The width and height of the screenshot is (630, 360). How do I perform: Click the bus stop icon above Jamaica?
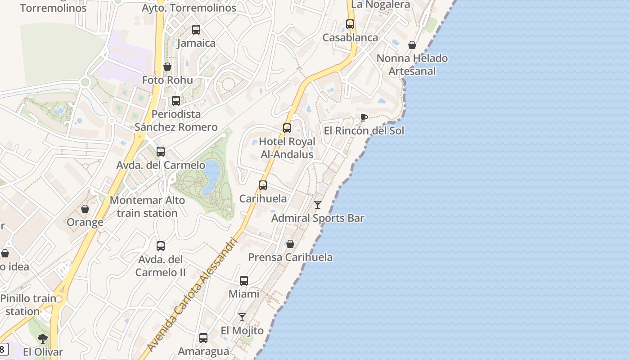pos(196,30)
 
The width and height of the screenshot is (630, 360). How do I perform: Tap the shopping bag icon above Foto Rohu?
pos(167,67)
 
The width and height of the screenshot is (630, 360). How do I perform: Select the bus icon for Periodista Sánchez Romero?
pos(176,101)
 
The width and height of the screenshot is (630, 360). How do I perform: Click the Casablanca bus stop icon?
pos(350,24)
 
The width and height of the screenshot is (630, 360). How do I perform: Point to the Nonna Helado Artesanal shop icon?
pos(412,45)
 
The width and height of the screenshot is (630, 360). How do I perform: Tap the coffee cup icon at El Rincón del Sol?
pos(364,118)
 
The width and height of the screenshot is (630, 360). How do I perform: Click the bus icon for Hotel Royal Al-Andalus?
pos(287,128)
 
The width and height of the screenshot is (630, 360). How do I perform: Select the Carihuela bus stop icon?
pos(263,185)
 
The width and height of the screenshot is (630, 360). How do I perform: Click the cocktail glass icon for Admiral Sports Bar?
pos(318,205)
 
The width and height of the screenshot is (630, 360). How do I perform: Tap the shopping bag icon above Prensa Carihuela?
pos(290,244)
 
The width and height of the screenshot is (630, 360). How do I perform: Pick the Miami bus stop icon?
pos(244,281)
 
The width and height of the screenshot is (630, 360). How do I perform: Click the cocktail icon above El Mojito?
pos(242,317)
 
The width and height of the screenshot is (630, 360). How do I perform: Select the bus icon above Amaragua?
pos(203,337)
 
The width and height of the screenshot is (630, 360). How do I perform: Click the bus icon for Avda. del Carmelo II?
pos(161,246)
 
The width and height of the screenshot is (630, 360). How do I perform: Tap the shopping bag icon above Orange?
pos(85,209)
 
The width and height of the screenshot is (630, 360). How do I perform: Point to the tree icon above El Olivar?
pos(43,338)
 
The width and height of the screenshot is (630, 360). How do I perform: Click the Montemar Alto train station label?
pos(147,207)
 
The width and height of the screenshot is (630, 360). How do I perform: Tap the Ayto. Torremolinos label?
pos(189,8)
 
